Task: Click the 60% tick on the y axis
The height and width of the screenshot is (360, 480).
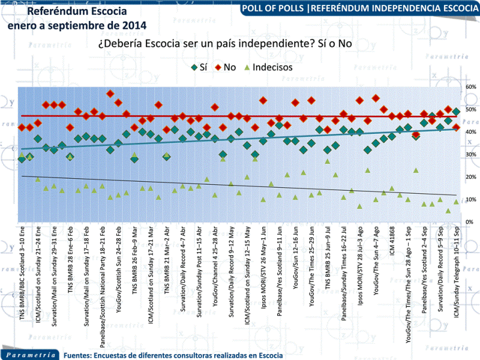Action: (470, 87)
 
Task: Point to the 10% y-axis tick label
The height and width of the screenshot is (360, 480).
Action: (470, 200)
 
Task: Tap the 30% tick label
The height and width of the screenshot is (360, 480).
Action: (470, 155)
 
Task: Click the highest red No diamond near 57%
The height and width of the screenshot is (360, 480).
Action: (110, 94)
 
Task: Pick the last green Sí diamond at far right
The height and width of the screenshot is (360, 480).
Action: (456, 112)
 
